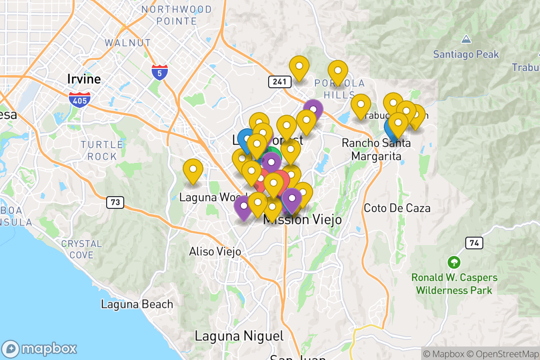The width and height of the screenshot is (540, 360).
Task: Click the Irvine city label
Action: tap(84, 79)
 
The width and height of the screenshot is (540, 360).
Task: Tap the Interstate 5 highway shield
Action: tap(160, 72)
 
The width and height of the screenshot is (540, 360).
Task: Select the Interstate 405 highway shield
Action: tap(80, 99)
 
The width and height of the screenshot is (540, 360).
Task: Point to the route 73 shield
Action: tap(115, 202)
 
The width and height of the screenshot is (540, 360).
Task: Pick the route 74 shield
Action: tap(474, 243)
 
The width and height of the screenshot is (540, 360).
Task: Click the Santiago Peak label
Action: tap(466, 54)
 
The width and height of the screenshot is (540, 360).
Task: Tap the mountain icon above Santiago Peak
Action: tap(466, 40)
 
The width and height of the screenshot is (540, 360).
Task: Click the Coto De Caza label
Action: tap(397, 208)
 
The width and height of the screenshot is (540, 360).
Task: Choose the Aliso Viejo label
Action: tap(215, 251)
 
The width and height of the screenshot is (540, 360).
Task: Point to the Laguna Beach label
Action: tap(137, 304)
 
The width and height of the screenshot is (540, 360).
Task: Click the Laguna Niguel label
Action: tap(239, 336)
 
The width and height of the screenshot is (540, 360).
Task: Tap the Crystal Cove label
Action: tap(81, 249)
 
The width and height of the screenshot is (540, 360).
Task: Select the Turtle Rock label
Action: tap(102, 150)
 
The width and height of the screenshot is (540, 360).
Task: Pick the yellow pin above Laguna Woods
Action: tap(193, 170)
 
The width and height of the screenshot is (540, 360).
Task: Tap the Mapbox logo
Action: tap(40, 349)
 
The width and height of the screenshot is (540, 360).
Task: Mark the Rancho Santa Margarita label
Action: tap(376, 150)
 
